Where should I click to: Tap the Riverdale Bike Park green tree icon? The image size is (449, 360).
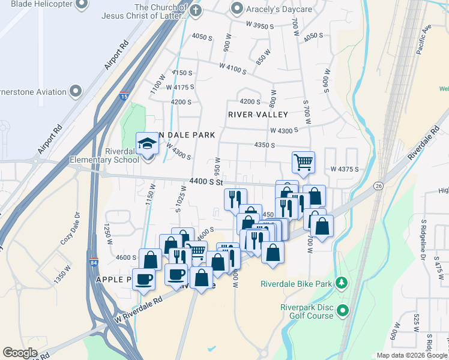click(x=342, y=283)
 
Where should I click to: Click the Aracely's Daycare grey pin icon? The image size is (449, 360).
click(x=238, y=9)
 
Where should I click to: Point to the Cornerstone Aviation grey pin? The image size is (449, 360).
click(x=76, y=92)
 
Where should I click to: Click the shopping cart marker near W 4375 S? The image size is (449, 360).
click(x=303, y=161)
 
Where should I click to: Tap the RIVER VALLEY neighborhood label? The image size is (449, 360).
click(x=258, y=114)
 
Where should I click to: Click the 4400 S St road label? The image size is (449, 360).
click(x=206, y=182)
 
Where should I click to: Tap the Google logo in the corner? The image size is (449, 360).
click(x=20, y=353)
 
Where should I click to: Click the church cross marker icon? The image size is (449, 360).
click(x=196, y=10)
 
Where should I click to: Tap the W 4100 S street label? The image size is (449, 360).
click(x=233, y=68)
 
